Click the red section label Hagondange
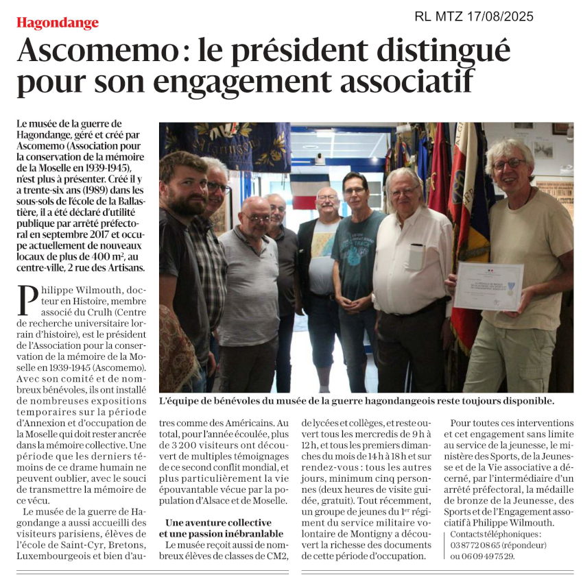point(58,23)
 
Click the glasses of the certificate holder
point(510,164)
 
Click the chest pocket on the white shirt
point(416,256)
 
